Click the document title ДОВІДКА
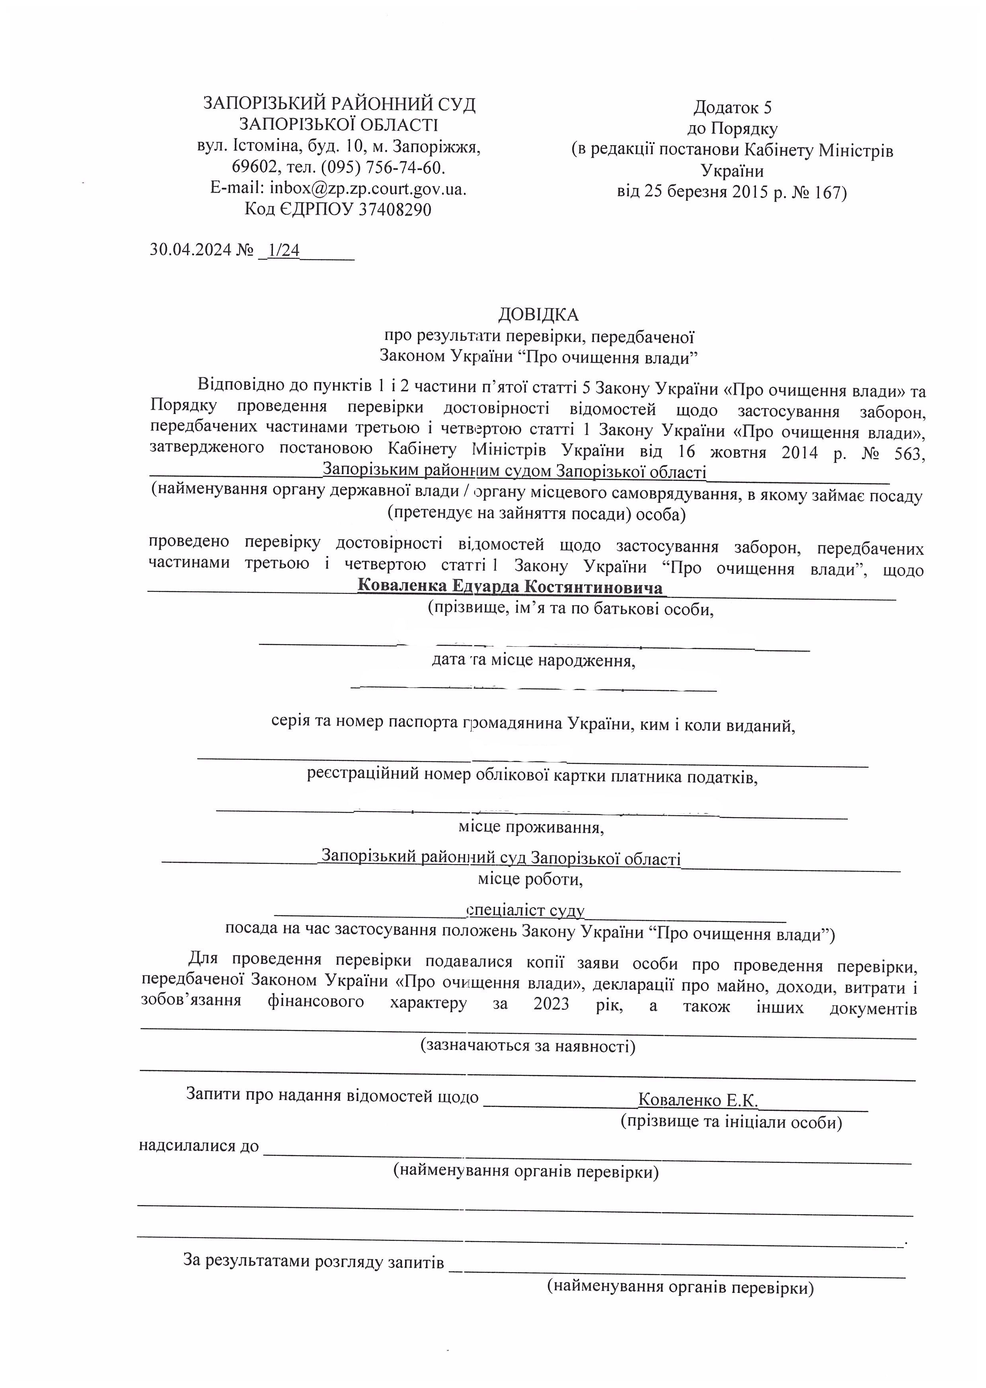[538, 314]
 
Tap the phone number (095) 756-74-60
[383, 167]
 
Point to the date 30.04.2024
[191, 250]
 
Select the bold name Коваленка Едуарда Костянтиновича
[510, 587]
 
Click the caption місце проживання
[531, 827]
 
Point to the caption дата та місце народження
[533, 660]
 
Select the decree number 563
[907, 453]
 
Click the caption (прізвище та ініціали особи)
[731, 1122]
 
